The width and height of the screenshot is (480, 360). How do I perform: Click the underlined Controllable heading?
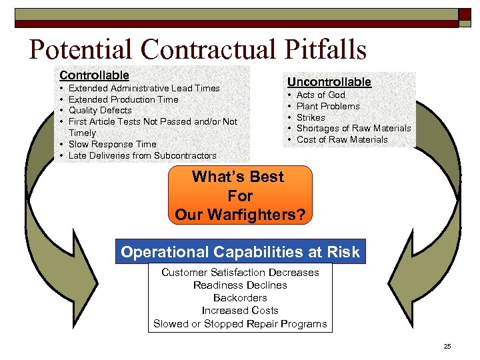94,75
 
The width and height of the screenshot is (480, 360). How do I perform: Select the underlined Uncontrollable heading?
329,81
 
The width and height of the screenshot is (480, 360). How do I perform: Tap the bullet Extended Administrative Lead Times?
144,88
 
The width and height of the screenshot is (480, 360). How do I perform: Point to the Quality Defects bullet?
100,111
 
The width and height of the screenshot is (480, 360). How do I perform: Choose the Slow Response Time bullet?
112,144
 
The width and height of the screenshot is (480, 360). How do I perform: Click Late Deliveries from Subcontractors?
142,155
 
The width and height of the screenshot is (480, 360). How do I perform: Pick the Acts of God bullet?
321,95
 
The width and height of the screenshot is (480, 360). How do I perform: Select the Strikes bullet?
311,117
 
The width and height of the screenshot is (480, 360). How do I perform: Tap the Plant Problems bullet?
327,106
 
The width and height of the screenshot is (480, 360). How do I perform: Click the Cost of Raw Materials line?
341,139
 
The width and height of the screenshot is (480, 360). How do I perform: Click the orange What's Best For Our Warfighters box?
240,195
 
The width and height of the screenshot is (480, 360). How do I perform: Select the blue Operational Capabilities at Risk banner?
240,252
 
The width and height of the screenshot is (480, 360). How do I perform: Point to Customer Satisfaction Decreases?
240,272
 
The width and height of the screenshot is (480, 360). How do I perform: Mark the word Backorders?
240,298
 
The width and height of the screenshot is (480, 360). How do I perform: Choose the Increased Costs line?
240,311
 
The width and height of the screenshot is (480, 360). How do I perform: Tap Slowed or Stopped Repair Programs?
240,324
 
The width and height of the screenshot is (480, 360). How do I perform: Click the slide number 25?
447,347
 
